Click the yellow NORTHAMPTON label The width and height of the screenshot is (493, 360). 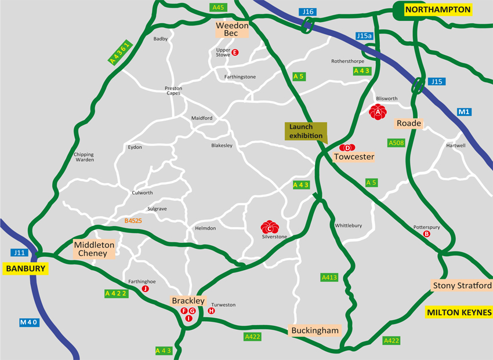[x=437, y=10]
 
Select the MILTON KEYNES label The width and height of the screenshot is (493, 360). [x=459, y=312]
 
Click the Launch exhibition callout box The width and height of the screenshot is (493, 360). [x=306, y=132]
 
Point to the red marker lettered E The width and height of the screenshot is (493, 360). [x=235, y=53]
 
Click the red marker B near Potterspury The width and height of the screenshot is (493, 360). [x=427, y=234]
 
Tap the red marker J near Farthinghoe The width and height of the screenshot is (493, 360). [x=145, y=288]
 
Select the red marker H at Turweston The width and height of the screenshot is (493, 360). [x=211, y=311]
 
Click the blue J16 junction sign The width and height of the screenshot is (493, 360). [x=307, y=12]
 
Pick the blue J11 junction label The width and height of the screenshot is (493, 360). [x=19, y=253]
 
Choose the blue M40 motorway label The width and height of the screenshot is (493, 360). [x=29, y=322]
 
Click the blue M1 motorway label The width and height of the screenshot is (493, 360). [x=463, y=112]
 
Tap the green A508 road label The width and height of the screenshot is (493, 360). [x=396, y=143]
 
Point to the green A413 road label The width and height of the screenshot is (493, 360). [x=329, y=278]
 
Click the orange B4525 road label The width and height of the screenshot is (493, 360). [x=133, y=221]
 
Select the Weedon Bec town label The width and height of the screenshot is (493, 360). [x=232, y=30]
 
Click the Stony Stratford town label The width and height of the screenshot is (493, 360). [x=462, y=286]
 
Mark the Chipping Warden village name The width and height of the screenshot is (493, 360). [x=84, y=157]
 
